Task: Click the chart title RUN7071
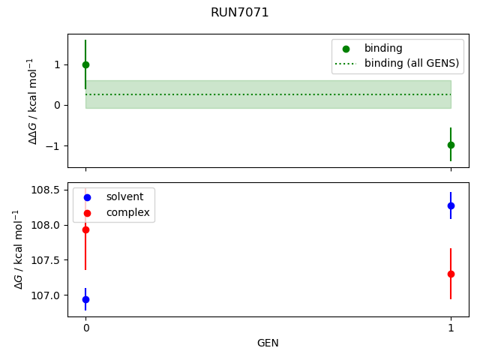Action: point(239,13)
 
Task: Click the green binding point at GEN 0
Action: point(85,64)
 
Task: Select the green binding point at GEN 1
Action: point(451,145)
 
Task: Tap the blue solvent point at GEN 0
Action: point(85,299)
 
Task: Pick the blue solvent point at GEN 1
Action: point(451,205)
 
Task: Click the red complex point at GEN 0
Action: point(85,229)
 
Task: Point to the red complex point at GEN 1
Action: point(451,274)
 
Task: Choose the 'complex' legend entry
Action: point(127,213)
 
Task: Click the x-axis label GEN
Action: point(268,343)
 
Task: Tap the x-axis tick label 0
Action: point(85,328)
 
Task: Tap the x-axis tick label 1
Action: point(451,328)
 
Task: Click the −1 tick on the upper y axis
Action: point(55,145)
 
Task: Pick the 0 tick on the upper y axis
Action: point(58,105)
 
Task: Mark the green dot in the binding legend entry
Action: point(346,48)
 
